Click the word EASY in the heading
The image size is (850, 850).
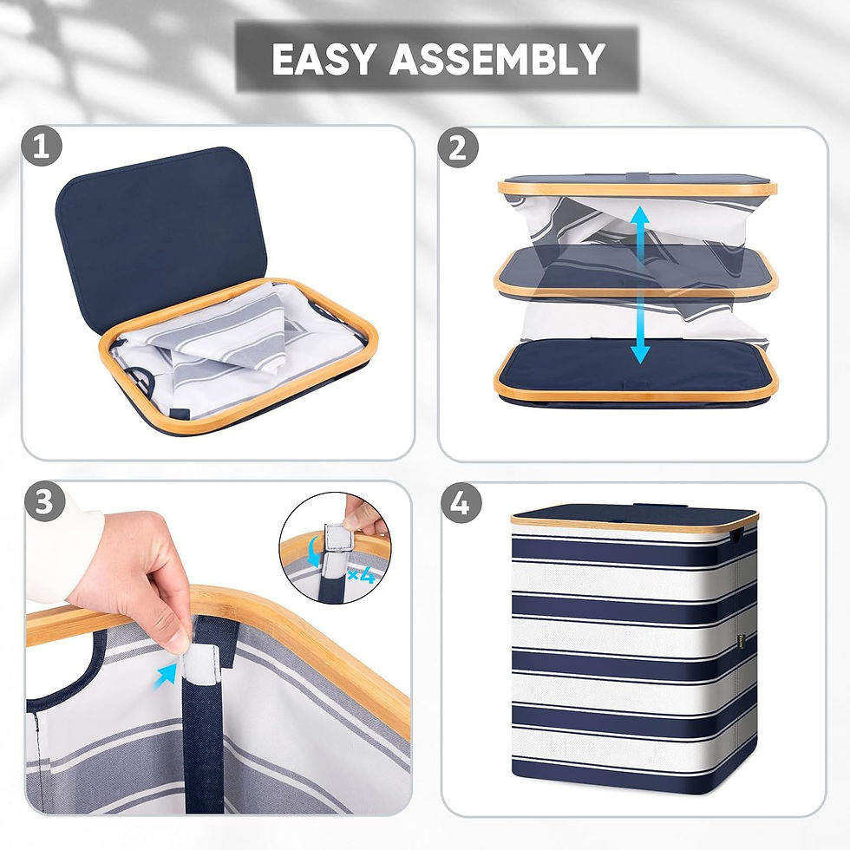324,59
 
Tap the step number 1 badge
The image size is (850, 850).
42,147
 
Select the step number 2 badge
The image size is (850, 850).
458,147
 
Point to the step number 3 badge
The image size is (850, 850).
43,502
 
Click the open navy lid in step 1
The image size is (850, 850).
152,226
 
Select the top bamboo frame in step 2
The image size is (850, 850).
637,187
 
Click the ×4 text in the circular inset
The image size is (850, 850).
358,574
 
